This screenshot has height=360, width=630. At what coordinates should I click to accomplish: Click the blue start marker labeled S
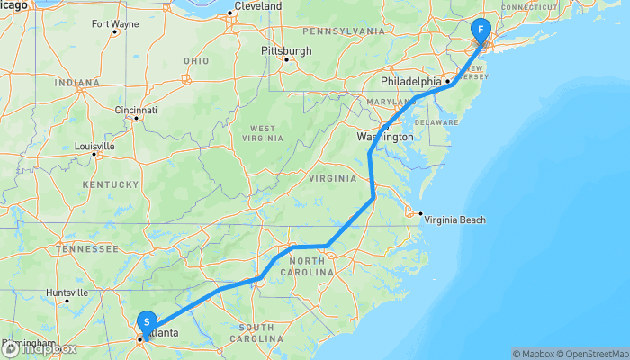tap(146, 322)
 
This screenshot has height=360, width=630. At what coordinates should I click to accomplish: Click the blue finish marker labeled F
tap(481, 29)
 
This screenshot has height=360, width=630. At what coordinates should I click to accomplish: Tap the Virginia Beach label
tap(454, 220)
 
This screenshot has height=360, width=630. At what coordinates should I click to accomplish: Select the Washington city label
tap(384, 137)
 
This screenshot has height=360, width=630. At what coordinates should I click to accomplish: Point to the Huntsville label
tap(67, 292)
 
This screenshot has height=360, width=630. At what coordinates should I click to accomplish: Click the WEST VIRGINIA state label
tap(262, 133)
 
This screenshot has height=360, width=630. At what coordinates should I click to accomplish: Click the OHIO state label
tap(195, 60)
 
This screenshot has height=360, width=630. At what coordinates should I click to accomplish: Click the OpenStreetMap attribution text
tap(592, 354)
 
